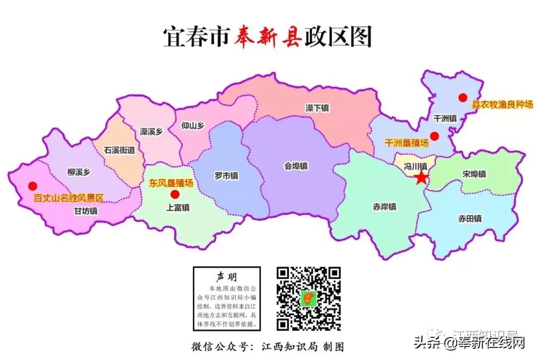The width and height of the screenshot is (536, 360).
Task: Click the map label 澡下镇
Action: (317, 108)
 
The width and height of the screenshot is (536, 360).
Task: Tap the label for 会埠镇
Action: (296, 166)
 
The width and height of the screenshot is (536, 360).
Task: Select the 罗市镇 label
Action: (226, 176)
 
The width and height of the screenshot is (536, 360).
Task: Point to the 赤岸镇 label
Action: (385, 207)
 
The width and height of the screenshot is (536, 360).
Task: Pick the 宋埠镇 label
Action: (474, 174)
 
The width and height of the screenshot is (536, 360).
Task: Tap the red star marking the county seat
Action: (421, 178)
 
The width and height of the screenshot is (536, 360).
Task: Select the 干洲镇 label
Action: (445, 119)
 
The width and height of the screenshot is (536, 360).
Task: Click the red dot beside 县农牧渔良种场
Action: (463, 98)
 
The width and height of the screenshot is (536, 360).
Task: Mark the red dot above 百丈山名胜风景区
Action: (32, 186)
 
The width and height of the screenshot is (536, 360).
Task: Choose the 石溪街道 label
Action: (120, 150)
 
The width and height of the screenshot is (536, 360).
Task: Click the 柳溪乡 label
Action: (78, 173)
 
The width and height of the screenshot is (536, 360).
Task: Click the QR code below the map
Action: (308, 299)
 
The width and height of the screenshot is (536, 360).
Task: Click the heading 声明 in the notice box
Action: (226, 276)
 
